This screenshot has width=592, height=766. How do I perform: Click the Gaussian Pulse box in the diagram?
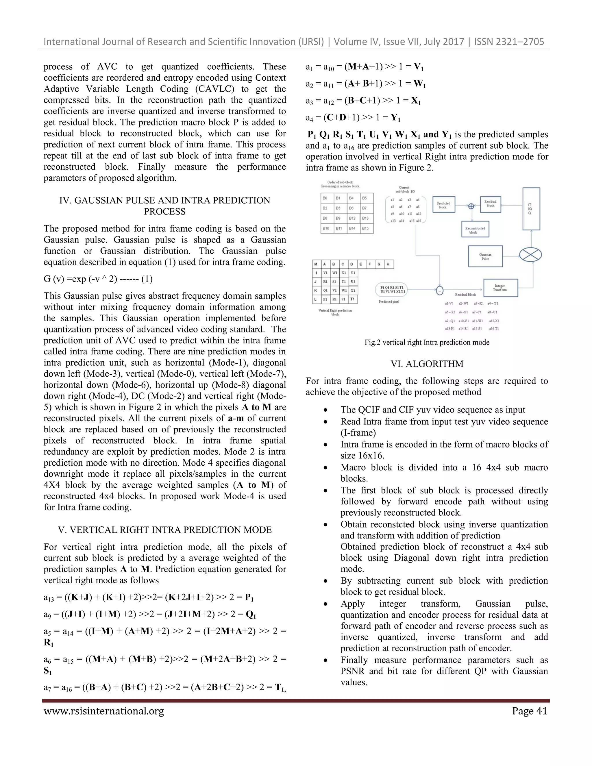(485, 256)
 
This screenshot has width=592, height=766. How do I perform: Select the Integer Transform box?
(500, 288)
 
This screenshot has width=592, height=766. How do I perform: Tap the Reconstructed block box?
(475, 230)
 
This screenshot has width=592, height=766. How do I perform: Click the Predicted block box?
(443, 205)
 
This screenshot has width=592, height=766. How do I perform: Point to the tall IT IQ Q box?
(531, 209)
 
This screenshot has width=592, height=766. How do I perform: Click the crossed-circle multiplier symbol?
(530, 255)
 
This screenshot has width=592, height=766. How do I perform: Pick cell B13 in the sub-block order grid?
(366, 218)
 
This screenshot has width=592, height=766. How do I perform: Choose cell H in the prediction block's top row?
(388, 264)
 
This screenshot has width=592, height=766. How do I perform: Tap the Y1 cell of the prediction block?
(353, 273)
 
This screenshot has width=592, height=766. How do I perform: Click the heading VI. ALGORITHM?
(427, 364)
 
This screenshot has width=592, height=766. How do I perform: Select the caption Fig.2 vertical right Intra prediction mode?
(427, 342)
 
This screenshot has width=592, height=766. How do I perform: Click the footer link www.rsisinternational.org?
(104, 711)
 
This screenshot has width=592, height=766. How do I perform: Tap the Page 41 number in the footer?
(529, 711)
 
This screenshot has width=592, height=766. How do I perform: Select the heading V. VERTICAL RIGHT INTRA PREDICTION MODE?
(165, 530)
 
